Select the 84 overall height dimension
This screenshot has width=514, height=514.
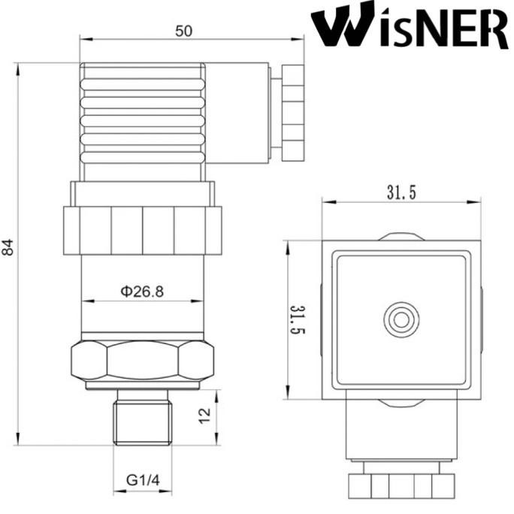pyautogui.click(x=8, y=247)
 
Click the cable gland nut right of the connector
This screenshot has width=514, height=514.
pyautogui.click(x=292, y=113)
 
